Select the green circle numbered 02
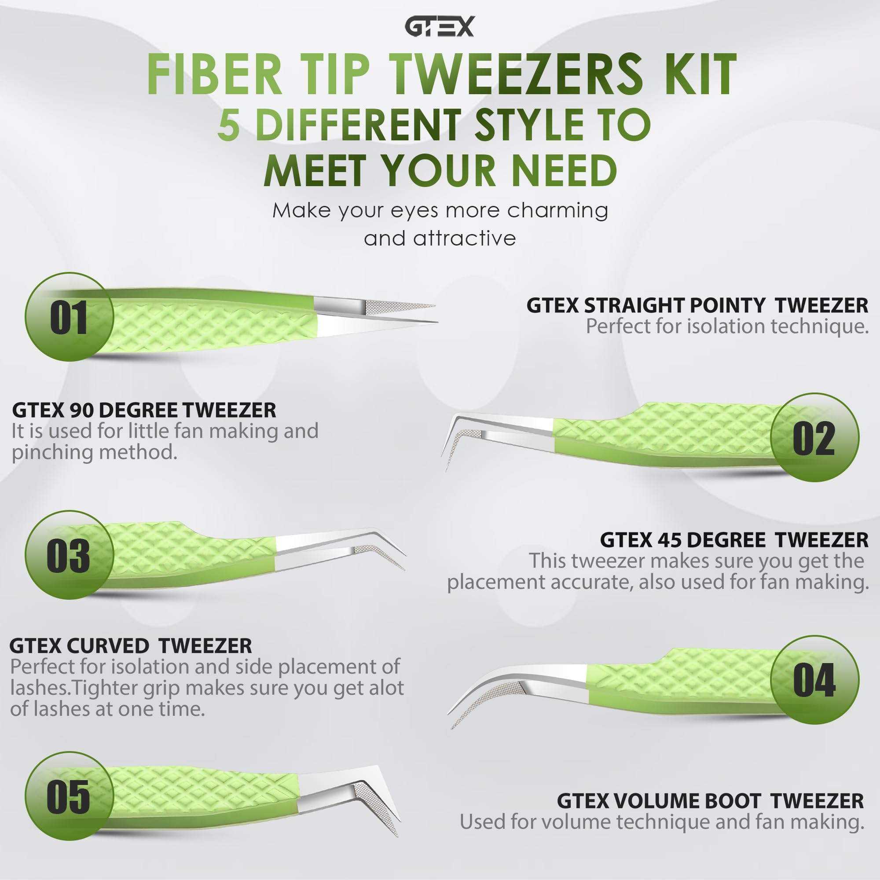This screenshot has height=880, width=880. [814, 438]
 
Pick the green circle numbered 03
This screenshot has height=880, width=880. [69, 555]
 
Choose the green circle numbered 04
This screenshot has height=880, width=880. [814, 680]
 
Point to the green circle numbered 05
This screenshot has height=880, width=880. [69, 796]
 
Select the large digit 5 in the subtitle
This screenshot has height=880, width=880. [228, 125]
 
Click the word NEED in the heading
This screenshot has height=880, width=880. [564, 170]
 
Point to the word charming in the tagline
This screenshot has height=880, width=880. [557, 210]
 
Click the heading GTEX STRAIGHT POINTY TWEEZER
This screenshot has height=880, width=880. [697, 306]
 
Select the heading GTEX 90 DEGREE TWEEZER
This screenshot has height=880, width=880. [144, 411]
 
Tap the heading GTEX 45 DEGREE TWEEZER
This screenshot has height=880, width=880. [734, 540]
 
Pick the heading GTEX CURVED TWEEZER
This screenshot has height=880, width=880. [130, 646]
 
